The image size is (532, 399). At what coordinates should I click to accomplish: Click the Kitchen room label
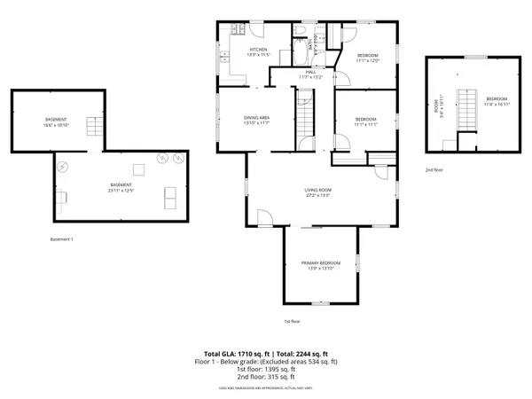[x=258, y=50]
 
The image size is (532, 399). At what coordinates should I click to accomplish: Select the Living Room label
[x=318, y=190]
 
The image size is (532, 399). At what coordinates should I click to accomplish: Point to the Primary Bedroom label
[x=320, y=263]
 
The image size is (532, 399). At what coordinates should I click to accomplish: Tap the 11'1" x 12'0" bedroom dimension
[x=367, y=61]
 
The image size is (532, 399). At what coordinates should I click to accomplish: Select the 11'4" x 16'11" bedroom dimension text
[x=497, y=103]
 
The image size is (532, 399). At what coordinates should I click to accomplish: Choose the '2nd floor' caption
[x=434, y=168]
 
